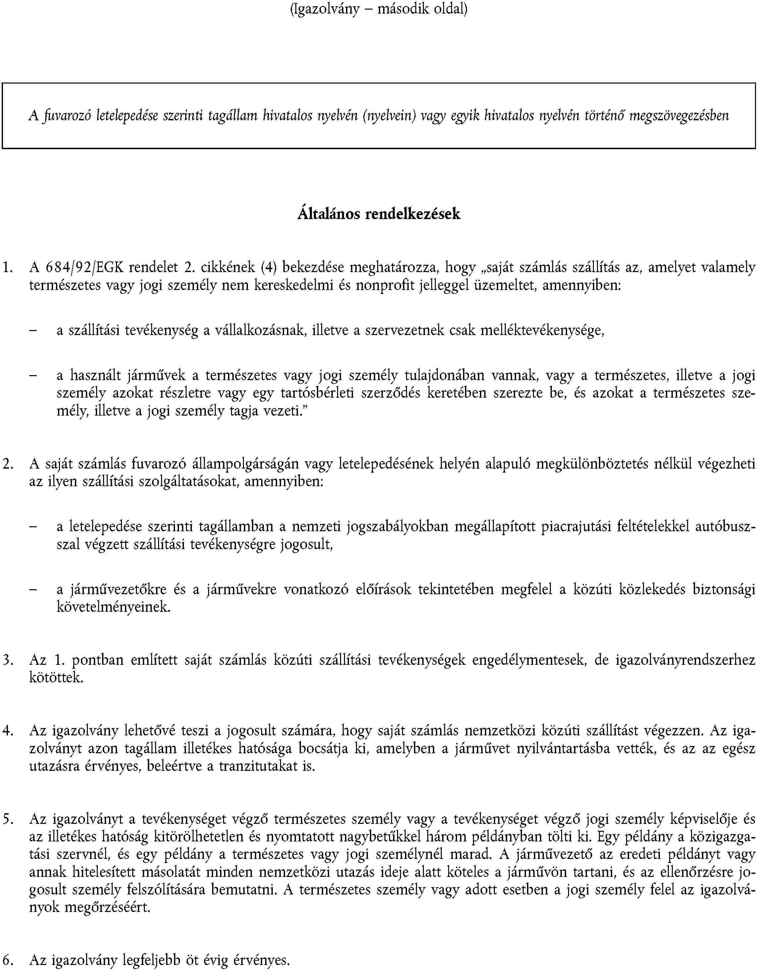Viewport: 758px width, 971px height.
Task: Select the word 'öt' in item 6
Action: click(x=192, y=961)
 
